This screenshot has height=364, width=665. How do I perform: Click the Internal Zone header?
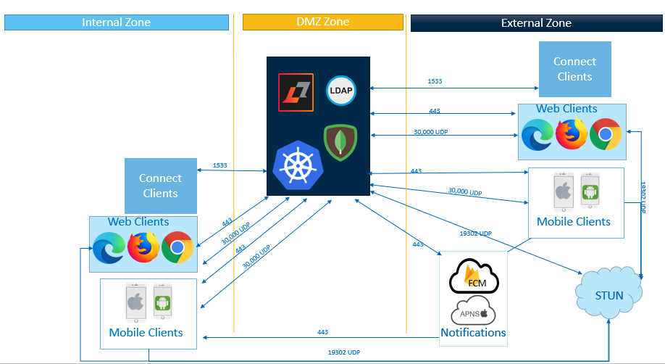pos(116,22)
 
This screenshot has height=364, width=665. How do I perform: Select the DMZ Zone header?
pos(322,22)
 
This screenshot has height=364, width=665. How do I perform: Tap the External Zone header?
pos(536,23)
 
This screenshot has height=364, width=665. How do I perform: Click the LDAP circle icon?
pos(340,89)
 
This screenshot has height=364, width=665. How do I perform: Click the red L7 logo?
pos(296,92)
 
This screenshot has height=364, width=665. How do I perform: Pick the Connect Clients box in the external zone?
pos(574,69)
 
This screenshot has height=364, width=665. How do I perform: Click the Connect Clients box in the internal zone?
pos(160,186)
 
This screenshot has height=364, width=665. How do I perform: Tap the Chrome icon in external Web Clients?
pos(605,135)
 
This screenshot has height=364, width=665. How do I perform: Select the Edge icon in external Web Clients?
pos(538,135)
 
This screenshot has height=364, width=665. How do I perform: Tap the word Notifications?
pos(473,333)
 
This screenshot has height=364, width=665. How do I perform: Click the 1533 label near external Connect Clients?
pos(435,81)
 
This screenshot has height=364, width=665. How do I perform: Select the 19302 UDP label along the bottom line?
pos(343,352)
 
